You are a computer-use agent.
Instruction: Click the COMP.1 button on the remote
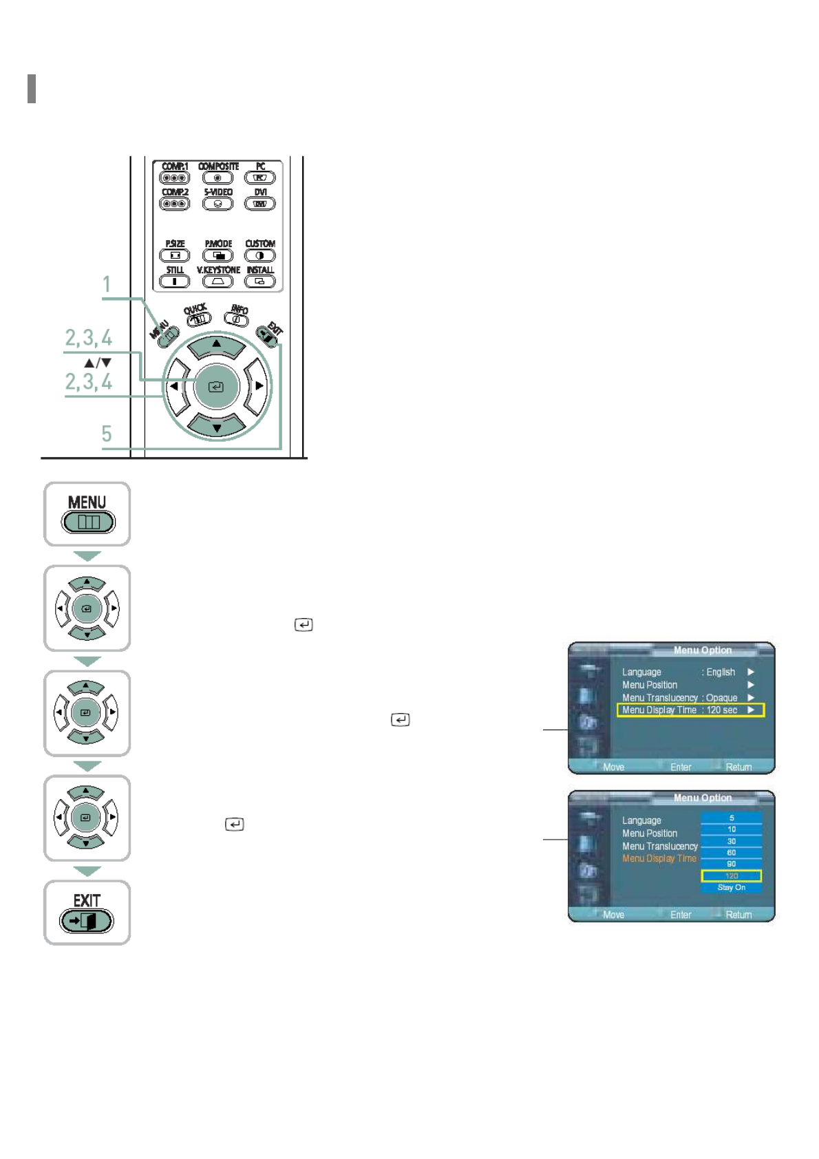click(175, 178)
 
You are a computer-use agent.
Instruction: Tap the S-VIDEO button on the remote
click(217, 204)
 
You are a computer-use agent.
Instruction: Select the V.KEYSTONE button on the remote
click(217, 281)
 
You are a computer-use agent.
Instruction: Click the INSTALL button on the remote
click(259, 281)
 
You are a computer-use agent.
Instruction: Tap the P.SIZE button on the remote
click(175, 255)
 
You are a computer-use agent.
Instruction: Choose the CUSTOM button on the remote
click(259, 255)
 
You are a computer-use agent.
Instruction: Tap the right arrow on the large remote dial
click(258, 386)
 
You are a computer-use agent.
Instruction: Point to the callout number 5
click(107, 434)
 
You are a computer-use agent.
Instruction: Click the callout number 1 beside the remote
click(107, 284)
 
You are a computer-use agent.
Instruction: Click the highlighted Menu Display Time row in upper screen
click(690, 710)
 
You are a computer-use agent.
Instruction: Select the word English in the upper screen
click(721, 672)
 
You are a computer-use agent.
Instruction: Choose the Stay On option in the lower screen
click(731, 888)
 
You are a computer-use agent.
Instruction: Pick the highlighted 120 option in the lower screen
click(731, 876)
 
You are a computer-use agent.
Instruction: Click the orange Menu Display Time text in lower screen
click(659, 858)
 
